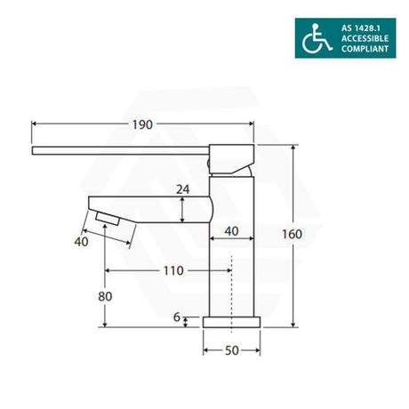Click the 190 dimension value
[x=142, y=124]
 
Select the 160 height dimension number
[x=292, y=234]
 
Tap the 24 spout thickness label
[x=182, y=189]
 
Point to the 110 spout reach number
[x=173, y=270]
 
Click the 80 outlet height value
[x=105, y=296]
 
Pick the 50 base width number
[x=231, y=350]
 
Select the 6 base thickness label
[x=177, y=317]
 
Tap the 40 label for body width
[x=231, y=231]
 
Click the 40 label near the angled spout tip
[x=81, y=242]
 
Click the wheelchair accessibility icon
[x=317, y=38]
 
